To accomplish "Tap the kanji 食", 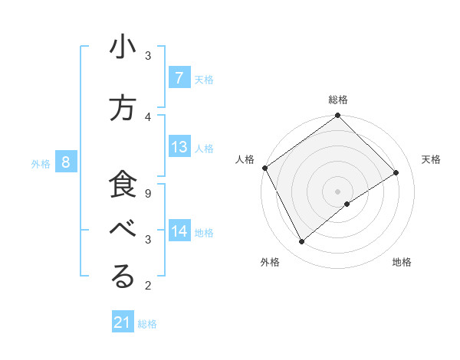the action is (123, 186).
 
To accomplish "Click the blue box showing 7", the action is (179, 77).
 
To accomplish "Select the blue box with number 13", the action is (179, 147).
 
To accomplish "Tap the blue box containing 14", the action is (179, 231).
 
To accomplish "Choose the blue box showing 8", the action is (66, 162).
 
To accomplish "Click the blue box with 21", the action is (122, 322).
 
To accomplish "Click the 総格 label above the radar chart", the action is (338, 100).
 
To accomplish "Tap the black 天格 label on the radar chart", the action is (431, 159).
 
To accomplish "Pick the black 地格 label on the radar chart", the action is (402, 262).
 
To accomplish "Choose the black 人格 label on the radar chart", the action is (245, 159).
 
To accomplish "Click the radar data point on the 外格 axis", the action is (301, 242).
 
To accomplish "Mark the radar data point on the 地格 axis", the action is (347, 204).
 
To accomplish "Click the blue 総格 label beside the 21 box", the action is (147, 324).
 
